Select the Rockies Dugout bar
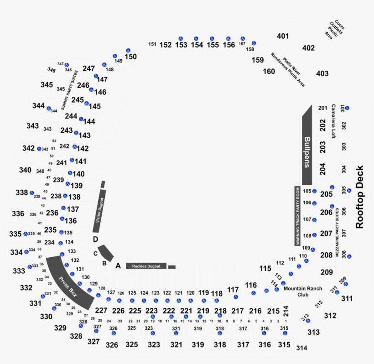(146, 266)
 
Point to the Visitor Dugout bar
(100, 213)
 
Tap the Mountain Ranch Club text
(303, 291)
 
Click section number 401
(283, 36)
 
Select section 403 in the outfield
(322, 73)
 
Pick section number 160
(269, 71)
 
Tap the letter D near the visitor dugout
(95, 239)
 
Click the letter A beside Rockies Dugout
(117, 265)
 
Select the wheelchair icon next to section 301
(347, 108)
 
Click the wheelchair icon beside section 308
(349, 256)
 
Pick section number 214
(286, 311)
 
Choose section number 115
(265, 268)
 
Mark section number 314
(301, 348)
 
